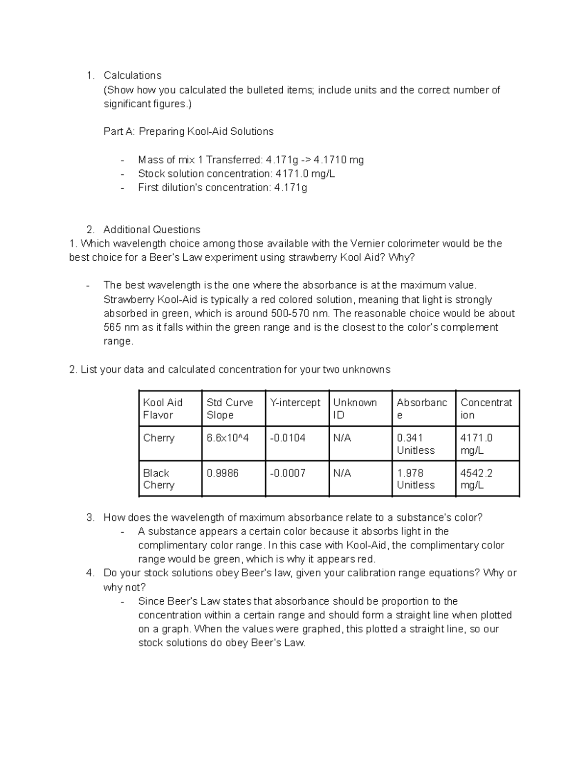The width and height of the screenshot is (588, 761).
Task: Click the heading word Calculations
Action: [x=132, y=75]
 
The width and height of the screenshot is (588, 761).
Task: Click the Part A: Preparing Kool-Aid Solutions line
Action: [x=188, y=131]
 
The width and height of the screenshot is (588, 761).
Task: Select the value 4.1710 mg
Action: [x=339, y=160]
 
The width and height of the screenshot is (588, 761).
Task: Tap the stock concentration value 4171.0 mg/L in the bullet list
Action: [x=305, y=173]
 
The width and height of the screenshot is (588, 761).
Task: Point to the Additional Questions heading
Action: [x=151, y=229]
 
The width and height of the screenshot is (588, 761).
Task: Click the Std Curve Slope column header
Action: [x=230, y=409]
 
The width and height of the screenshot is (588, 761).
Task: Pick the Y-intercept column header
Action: [x=295, y=403]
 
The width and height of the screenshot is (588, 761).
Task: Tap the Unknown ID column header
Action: [x=355, y=409]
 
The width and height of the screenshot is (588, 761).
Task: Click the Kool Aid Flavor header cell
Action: [x=163, y=409]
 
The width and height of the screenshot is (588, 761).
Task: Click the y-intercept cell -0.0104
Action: [x=288, y=438]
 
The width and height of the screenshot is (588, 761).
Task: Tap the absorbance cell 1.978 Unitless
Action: [x=416, y=479]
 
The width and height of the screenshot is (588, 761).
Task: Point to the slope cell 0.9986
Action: [x=222, y=473]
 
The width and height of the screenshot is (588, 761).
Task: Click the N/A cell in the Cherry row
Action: [x=342, y=438]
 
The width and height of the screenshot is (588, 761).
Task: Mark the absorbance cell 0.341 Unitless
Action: [x=416, y=444]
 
